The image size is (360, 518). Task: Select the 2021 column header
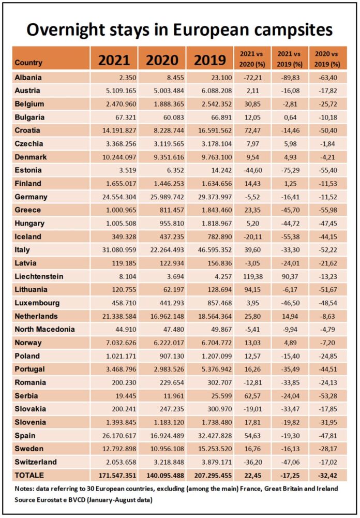click(114, 61)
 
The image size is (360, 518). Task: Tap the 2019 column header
click(210, 61)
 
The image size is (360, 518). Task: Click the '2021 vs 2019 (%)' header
click(290, 59)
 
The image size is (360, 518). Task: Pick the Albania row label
click(28, 77)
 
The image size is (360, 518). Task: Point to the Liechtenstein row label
click(39, 276)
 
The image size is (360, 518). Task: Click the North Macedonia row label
click(44, 329)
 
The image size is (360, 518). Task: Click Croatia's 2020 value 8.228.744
click(165, 130)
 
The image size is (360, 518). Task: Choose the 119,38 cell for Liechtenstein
click(252, 276)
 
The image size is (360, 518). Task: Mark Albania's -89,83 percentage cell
click(289, 77)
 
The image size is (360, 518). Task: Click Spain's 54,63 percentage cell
click(252, 435)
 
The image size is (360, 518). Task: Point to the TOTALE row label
click(29, 475)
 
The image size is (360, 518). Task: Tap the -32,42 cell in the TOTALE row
click(327, 476)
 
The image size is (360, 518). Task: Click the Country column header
click(28, 63)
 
